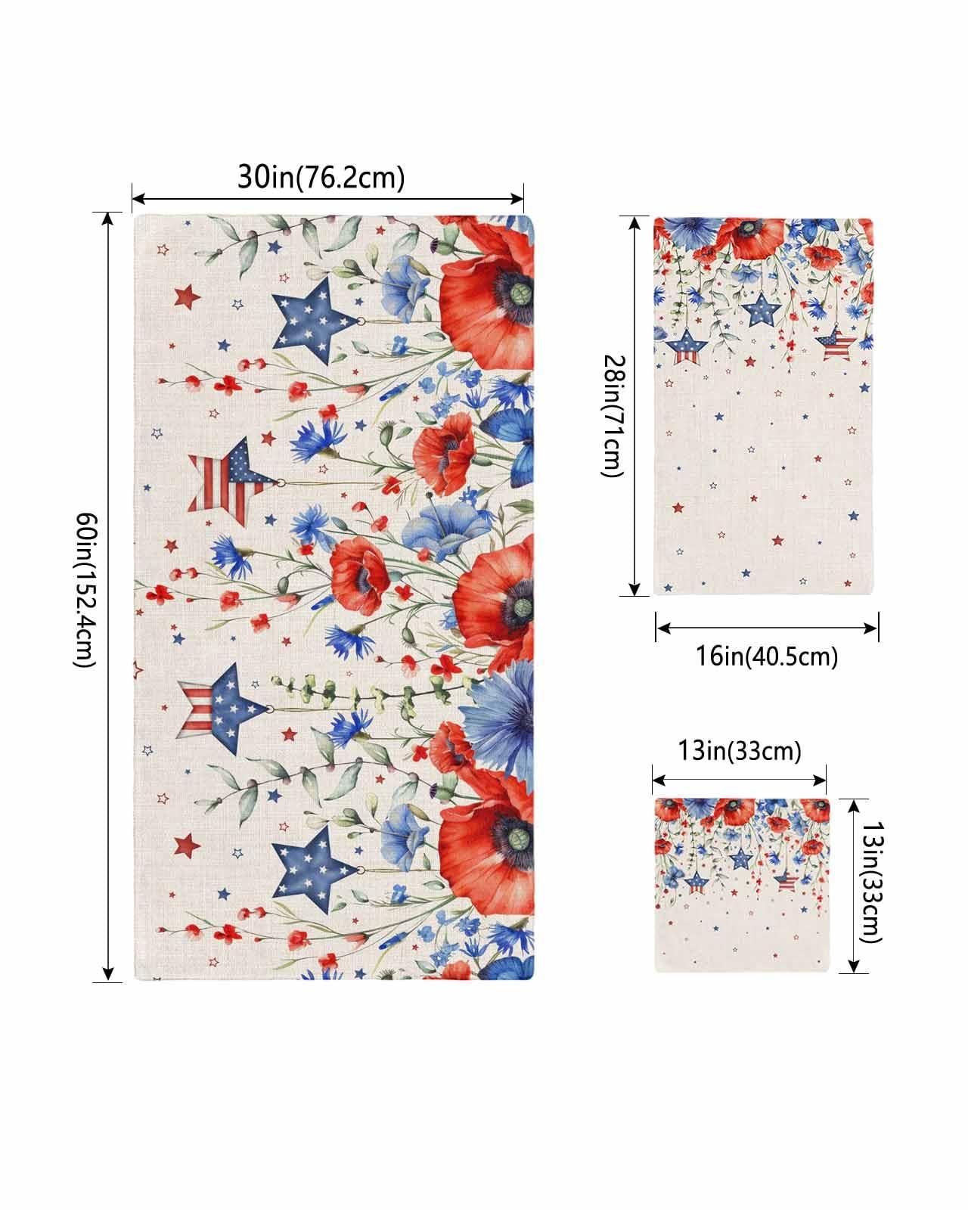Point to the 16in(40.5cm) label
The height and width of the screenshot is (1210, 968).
767,656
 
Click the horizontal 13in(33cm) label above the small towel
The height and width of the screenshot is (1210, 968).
738,751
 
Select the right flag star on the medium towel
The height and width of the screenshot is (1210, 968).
836,344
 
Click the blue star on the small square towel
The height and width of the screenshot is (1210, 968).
740,859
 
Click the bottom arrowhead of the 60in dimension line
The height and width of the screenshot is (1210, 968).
109,975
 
